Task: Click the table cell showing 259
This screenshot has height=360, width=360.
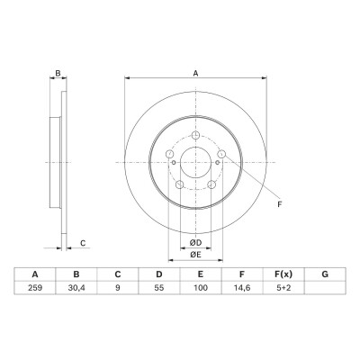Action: point(35,288)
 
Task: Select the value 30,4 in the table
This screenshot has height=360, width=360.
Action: point(76,288)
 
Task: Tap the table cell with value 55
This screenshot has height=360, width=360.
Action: point(159,288)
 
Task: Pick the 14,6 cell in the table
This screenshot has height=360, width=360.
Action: point(242,288)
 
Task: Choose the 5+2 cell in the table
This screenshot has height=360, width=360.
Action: point(283,288)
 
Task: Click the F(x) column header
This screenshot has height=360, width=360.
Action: point(283,274)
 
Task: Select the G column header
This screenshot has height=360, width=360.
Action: point(325,274)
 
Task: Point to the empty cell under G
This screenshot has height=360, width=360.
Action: point(325,288)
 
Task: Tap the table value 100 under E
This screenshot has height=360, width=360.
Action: point(201,288)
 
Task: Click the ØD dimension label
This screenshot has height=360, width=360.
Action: point(195,242)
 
